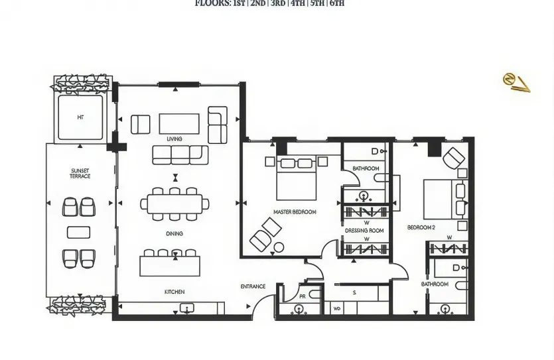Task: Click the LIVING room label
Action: click(174, 139)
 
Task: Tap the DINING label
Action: click(174, 234)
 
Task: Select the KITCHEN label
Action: click(174, 292)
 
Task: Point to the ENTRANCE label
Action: click(253, 287)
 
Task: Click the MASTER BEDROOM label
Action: click(295, 212)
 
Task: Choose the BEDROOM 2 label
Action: click(421, 227)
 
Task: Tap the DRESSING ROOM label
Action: click(364, 231)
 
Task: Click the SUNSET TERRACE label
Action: click(80, 174)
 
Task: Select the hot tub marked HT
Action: click(80, 117)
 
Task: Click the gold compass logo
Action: click(516, 82)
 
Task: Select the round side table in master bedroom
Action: click(279, 247)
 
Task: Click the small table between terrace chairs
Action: click(79, 232)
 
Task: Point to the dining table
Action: click(174, 204)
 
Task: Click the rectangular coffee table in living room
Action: click(179, 123)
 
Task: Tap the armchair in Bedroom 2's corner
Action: click(454, 158)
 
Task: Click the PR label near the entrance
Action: click(302, 296)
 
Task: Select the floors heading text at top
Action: click(269, 3)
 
